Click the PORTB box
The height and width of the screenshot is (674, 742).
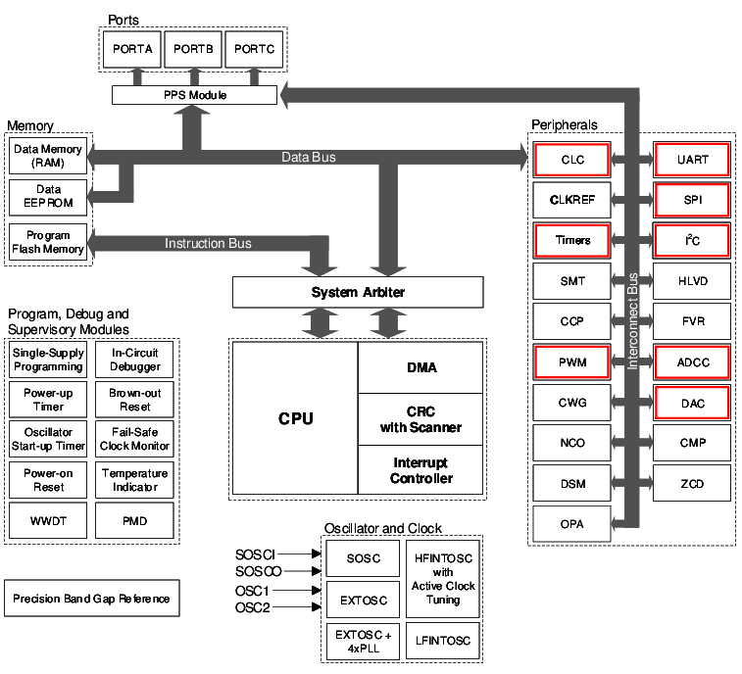click(x=194, y=47)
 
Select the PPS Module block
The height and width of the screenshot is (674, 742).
click(x=194, y=95)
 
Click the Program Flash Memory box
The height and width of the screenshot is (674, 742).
click(x=49, y=242)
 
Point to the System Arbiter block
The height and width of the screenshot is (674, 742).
click(x=358, y=292)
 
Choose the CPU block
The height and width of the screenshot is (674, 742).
click(x=295, y=418)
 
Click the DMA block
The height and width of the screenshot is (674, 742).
click(x=421, y=368)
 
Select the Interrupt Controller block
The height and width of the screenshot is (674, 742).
click(x=421, y=470)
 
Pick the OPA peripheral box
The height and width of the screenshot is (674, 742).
click(x=572, y=524)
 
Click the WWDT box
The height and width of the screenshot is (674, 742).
click(x=49, y=520)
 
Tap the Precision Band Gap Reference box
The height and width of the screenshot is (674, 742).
click(x=92, y=599)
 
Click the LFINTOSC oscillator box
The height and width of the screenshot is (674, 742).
click(x=443, y=641)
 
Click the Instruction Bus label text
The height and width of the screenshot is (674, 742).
click(x=208, y=243)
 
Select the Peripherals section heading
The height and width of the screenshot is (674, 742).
click(x=564, y=124)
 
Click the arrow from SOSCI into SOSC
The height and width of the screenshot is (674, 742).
click(x=313, y=554)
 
